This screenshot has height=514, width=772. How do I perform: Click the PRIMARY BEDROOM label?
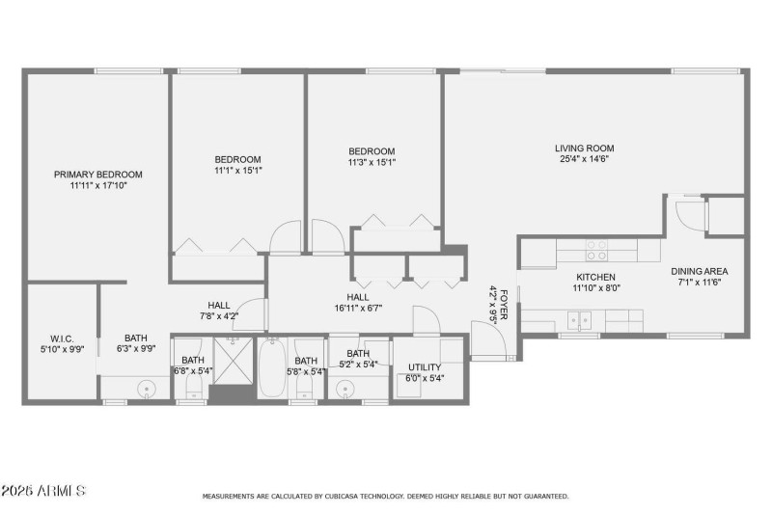click(x=97, y=175)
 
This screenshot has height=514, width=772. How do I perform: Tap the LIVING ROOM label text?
click(x=584, y=149)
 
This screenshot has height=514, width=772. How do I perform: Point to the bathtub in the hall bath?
click(x=272, y=369)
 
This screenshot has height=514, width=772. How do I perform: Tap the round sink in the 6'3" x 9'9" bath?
click(x=147, y=389)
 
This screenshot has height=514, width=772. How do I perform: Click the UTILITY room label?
click(x=425, y=367)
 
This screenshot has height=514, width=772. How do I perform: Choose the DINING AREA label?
click(x=700, y=271)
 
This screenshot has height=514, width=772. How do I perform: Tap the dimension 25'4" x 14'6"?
click(x=584, y=161)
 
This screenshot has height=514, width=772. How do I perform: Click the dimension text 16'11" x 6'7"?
click(x=358, y=309)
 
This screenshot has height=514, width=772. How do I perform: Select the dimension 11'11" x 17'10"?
click(x=97, y=185)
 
